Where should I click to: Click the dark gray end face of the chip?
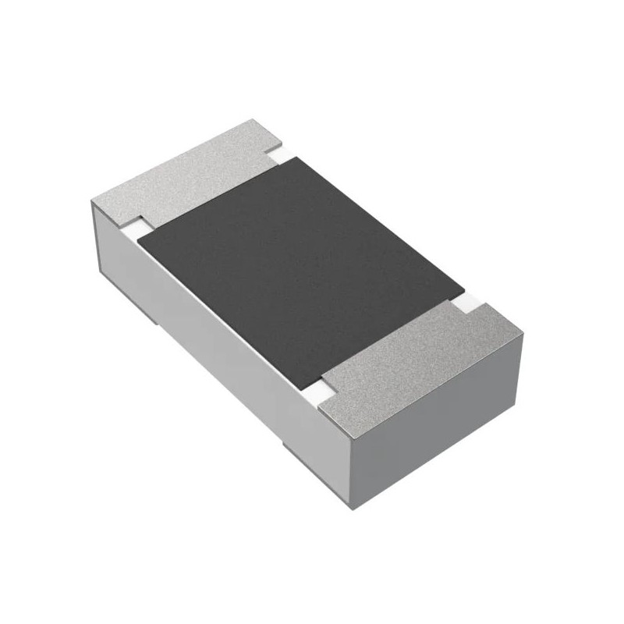(441, 425)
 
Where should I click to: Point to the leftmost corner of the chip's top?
(92, 201)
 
